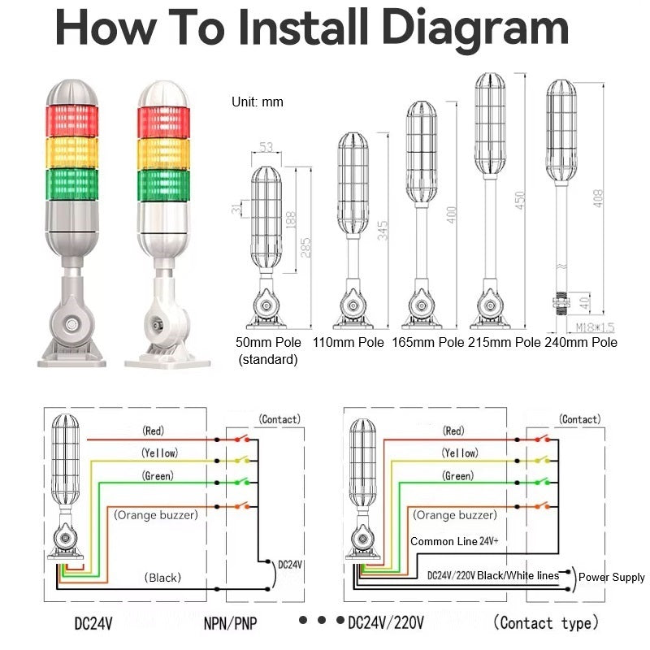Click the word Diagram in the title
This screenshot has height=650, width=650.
point(474,28)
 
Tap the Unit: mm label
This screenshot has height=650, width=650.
point(258,102)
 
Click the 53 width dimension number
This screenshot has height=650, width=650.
point(266,147)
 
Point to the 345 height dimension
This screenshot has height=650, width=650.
point(382,230)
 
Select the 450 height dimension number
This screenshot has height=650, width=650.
point(519,200)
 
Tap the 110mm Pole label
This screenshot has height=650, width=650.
point(349,342)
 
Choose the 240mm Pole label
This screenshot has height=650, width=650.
point(581,342)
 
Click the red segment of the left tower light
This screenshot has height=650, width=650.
point(72,120)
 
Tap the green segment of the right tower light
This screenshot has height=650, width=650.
point(164,185)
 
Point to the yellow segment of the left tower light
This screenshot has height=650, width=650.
point(72,153)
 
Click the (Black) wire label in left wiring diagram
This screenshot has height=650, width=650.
point(162,578)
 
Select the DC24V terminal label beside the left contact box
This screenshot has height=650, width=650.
point(290,565)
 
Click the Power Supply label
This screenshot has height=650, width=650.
point(612,577)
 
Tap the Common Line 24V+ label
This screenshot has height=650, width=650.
point(454,541)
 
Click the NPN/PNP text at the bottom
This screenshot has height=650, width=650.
point(230,623)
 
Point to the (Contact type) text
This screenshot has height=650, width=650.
point(545,622)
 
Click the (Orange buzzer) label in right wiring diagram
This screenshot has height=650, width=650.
point(455,515)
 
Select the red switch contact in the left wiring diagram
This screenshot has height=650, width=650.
point(242,439)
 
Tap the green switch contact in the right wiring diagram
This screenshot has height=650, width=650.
point(542,482)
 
